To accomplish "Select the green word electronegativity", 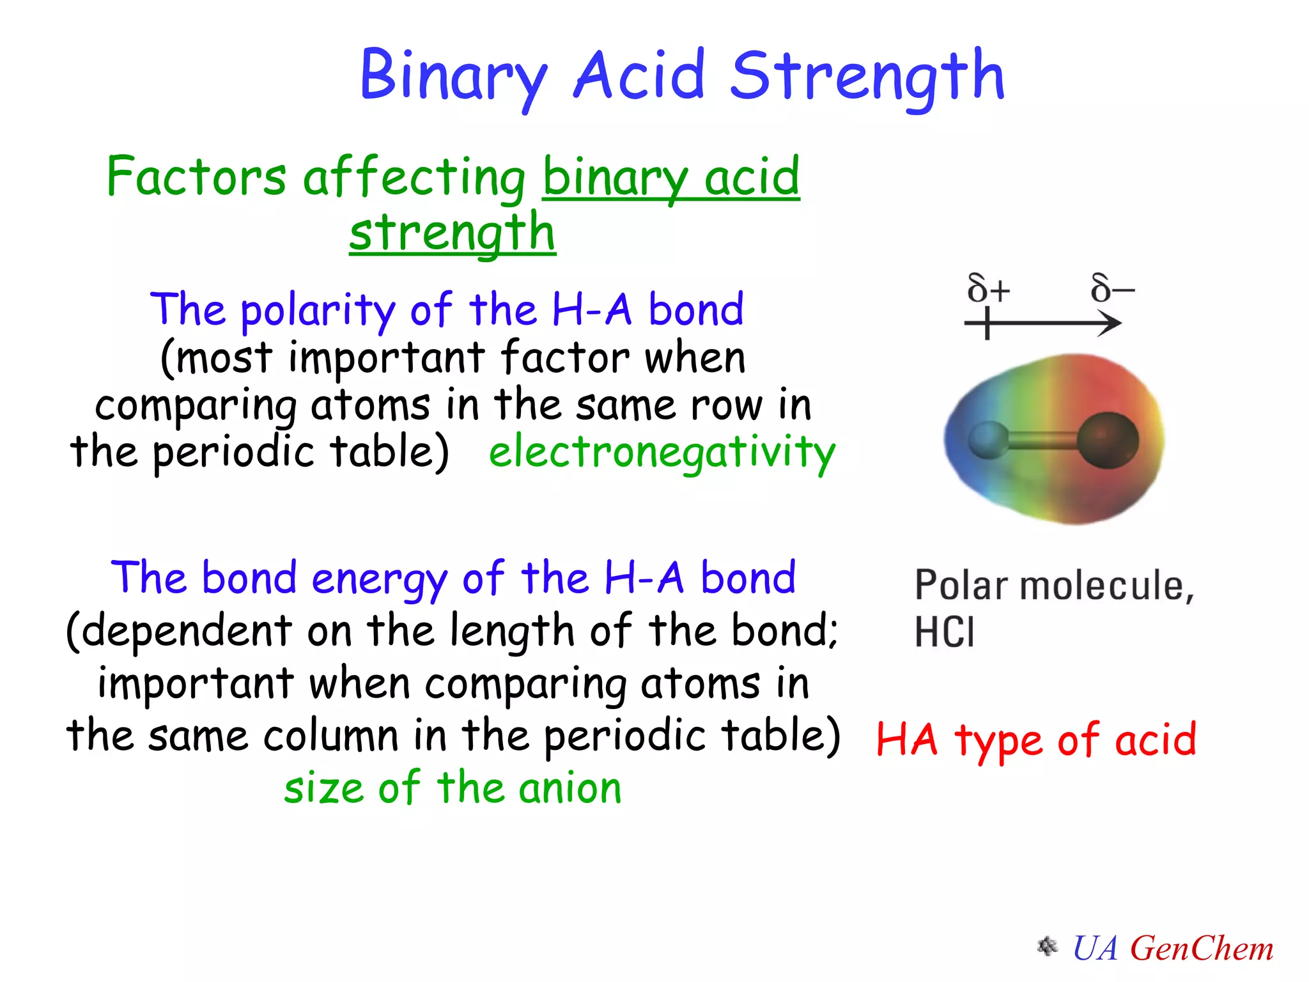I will click(662, 451).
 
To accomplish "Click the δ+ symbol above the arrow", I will click(988, 289).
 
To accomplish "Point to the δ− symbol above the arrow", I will click(1112, 289).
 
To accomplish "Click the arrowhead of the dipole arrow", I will click(1111, 323).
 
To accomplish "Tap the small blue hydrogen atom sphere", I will click(988, 440).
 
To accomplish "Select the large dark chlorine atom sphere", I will click(1108, 440).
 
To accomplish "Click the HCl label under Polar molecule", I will click(944, 632).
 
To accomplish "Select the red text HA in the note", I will click(906, 740).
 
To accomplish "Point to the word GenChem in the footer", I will click(1202, 948).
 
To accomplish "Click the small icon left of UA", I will click(1047, 946).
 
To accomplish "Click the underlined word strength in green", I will click(453, 233).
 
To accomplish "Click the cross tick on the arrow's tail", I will click(987, 323).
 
